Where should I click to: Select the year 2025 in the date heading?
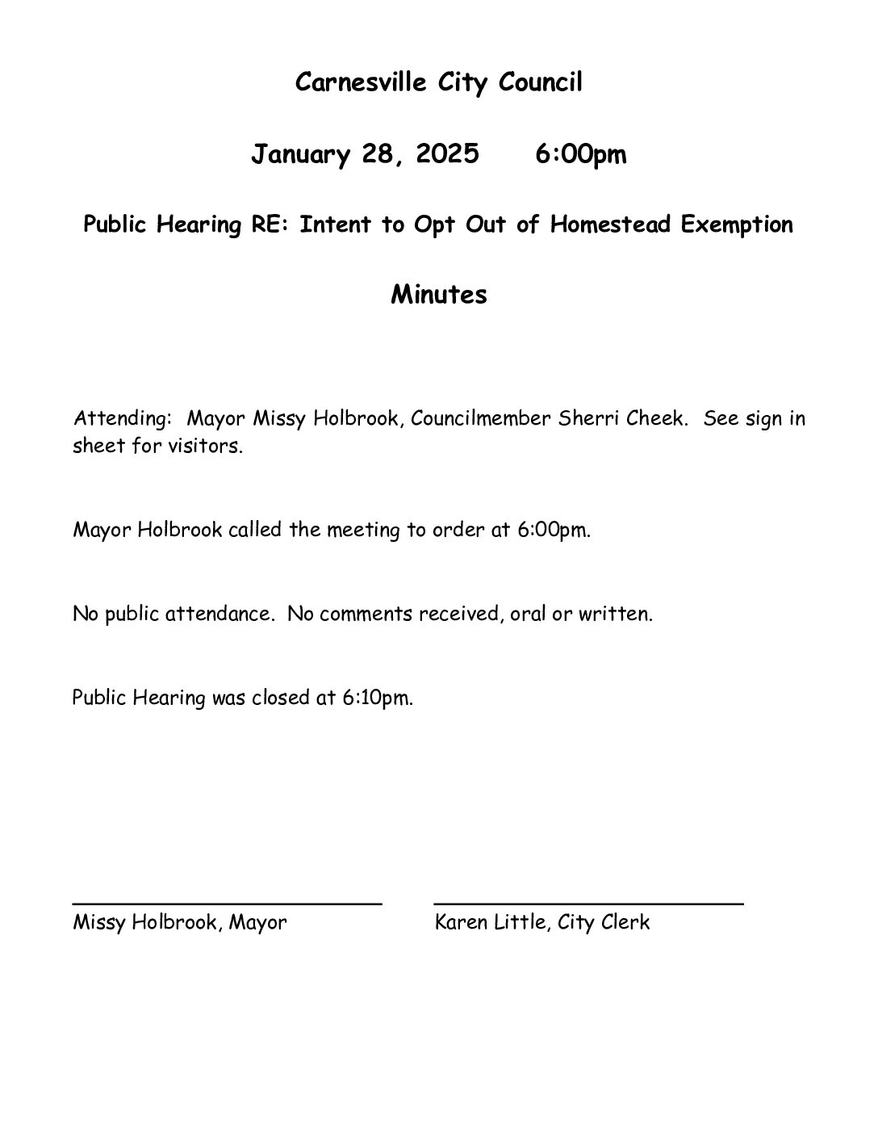click(447, 153)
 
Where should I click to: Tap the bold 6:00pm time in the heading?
click(580, 153)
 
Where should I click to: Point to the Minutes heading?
click(439, 294)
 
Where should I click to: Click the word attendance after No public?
click(218, 614)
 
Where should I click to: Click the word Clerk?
click(625, 922)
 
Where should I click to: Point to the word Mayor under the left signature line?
click(257, 922)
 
